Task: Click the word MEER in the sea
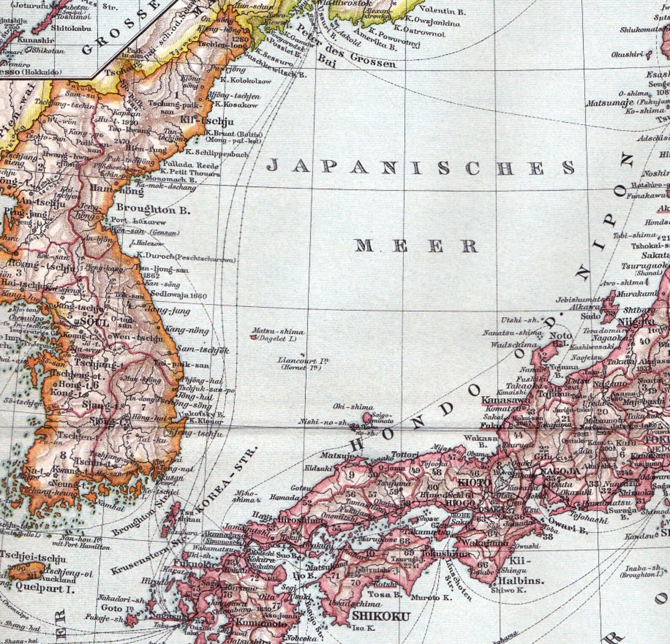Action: (x=416, y=245)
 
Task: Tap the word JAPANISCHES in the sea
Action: (x=421, y=167)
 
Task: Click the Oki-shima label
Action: (x=353, y=407)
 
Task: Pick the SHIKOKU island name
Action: (x=381, y=616)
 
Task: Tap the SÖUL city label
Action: (x=92, y=322)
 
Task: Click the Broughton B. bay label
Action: (x=153, y=209)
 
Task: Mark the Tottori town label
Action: (x=405, y=455)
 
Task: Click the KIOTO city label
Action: (x=474, y=482)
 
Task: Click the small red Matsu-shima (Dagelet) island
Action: (x=253, y=337)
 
